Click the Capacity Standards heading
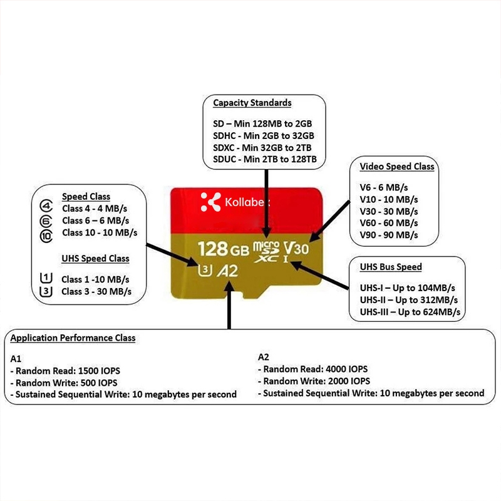[x=252, y=103]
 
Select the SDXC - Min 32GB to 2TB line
[x=262, y=148]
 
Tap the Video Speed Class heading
[x=397, y=167]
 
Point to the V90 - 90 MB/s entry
[x=388, y=235]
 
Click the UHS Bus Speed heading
[x=391, y=267]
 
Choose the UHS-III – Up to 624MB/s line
[x=410, y=312]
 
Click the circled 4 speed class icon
[x=46, y=206]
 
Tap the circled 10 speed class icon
[x=46, y=236]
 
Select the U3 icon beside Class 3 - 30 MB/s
[x=46, y=291]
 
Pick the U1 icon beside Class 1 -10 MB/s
[x=46, y=278]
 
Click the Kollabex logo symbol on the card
[x=210, y=202]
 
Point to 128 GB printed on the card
[x=224, y=249]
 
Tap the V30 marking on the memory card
[x=296, y=248]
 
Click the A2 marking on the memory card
[x=227, y=271]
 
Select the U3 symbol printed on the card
[x=205, y=270]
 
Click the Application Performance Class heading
[x=73, y=338]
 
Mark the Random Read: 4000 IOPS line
[x=312, y=369]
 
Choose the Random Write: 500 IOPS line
[x=64, y=383]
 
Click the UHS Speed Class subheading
[x=96, y=259]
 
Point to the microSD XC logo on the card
[x=266, y=252]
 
